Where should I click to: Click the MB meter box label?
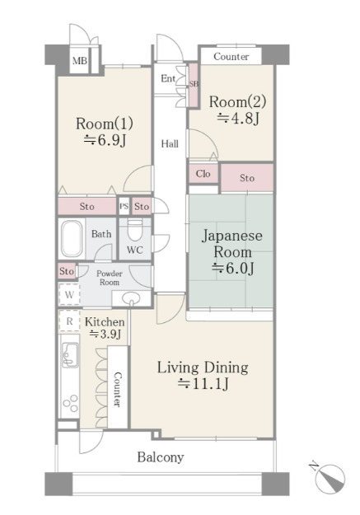80,61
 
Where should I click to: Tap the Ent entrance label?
168,78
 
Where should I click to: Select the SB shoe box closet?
194,85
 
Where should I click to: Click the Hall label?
170,144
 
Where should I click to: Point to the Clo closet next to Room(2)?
203,173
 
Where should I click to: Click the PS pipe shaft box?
124,207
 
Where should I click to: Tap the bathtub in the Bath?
72,238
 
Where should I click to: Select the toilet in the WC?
134,230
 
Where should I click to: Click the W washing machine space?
69,294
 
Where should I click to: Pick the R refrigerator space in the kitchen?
69,321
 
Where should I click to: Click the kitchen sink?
70,354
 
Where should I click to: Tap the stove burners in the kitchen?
71,403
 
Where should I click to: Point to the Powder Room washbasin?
131,298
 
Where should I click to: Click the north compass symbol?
329,478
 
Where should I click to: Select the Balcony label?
161,457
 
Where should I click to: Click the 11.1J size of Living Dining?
203,383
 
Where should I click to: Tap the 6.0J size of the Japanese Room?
233,269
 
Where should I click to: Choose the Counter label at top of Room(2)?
231,57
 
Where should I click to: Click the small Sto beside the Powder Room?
67,271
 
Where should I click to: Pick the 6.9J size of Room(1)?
105,140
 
